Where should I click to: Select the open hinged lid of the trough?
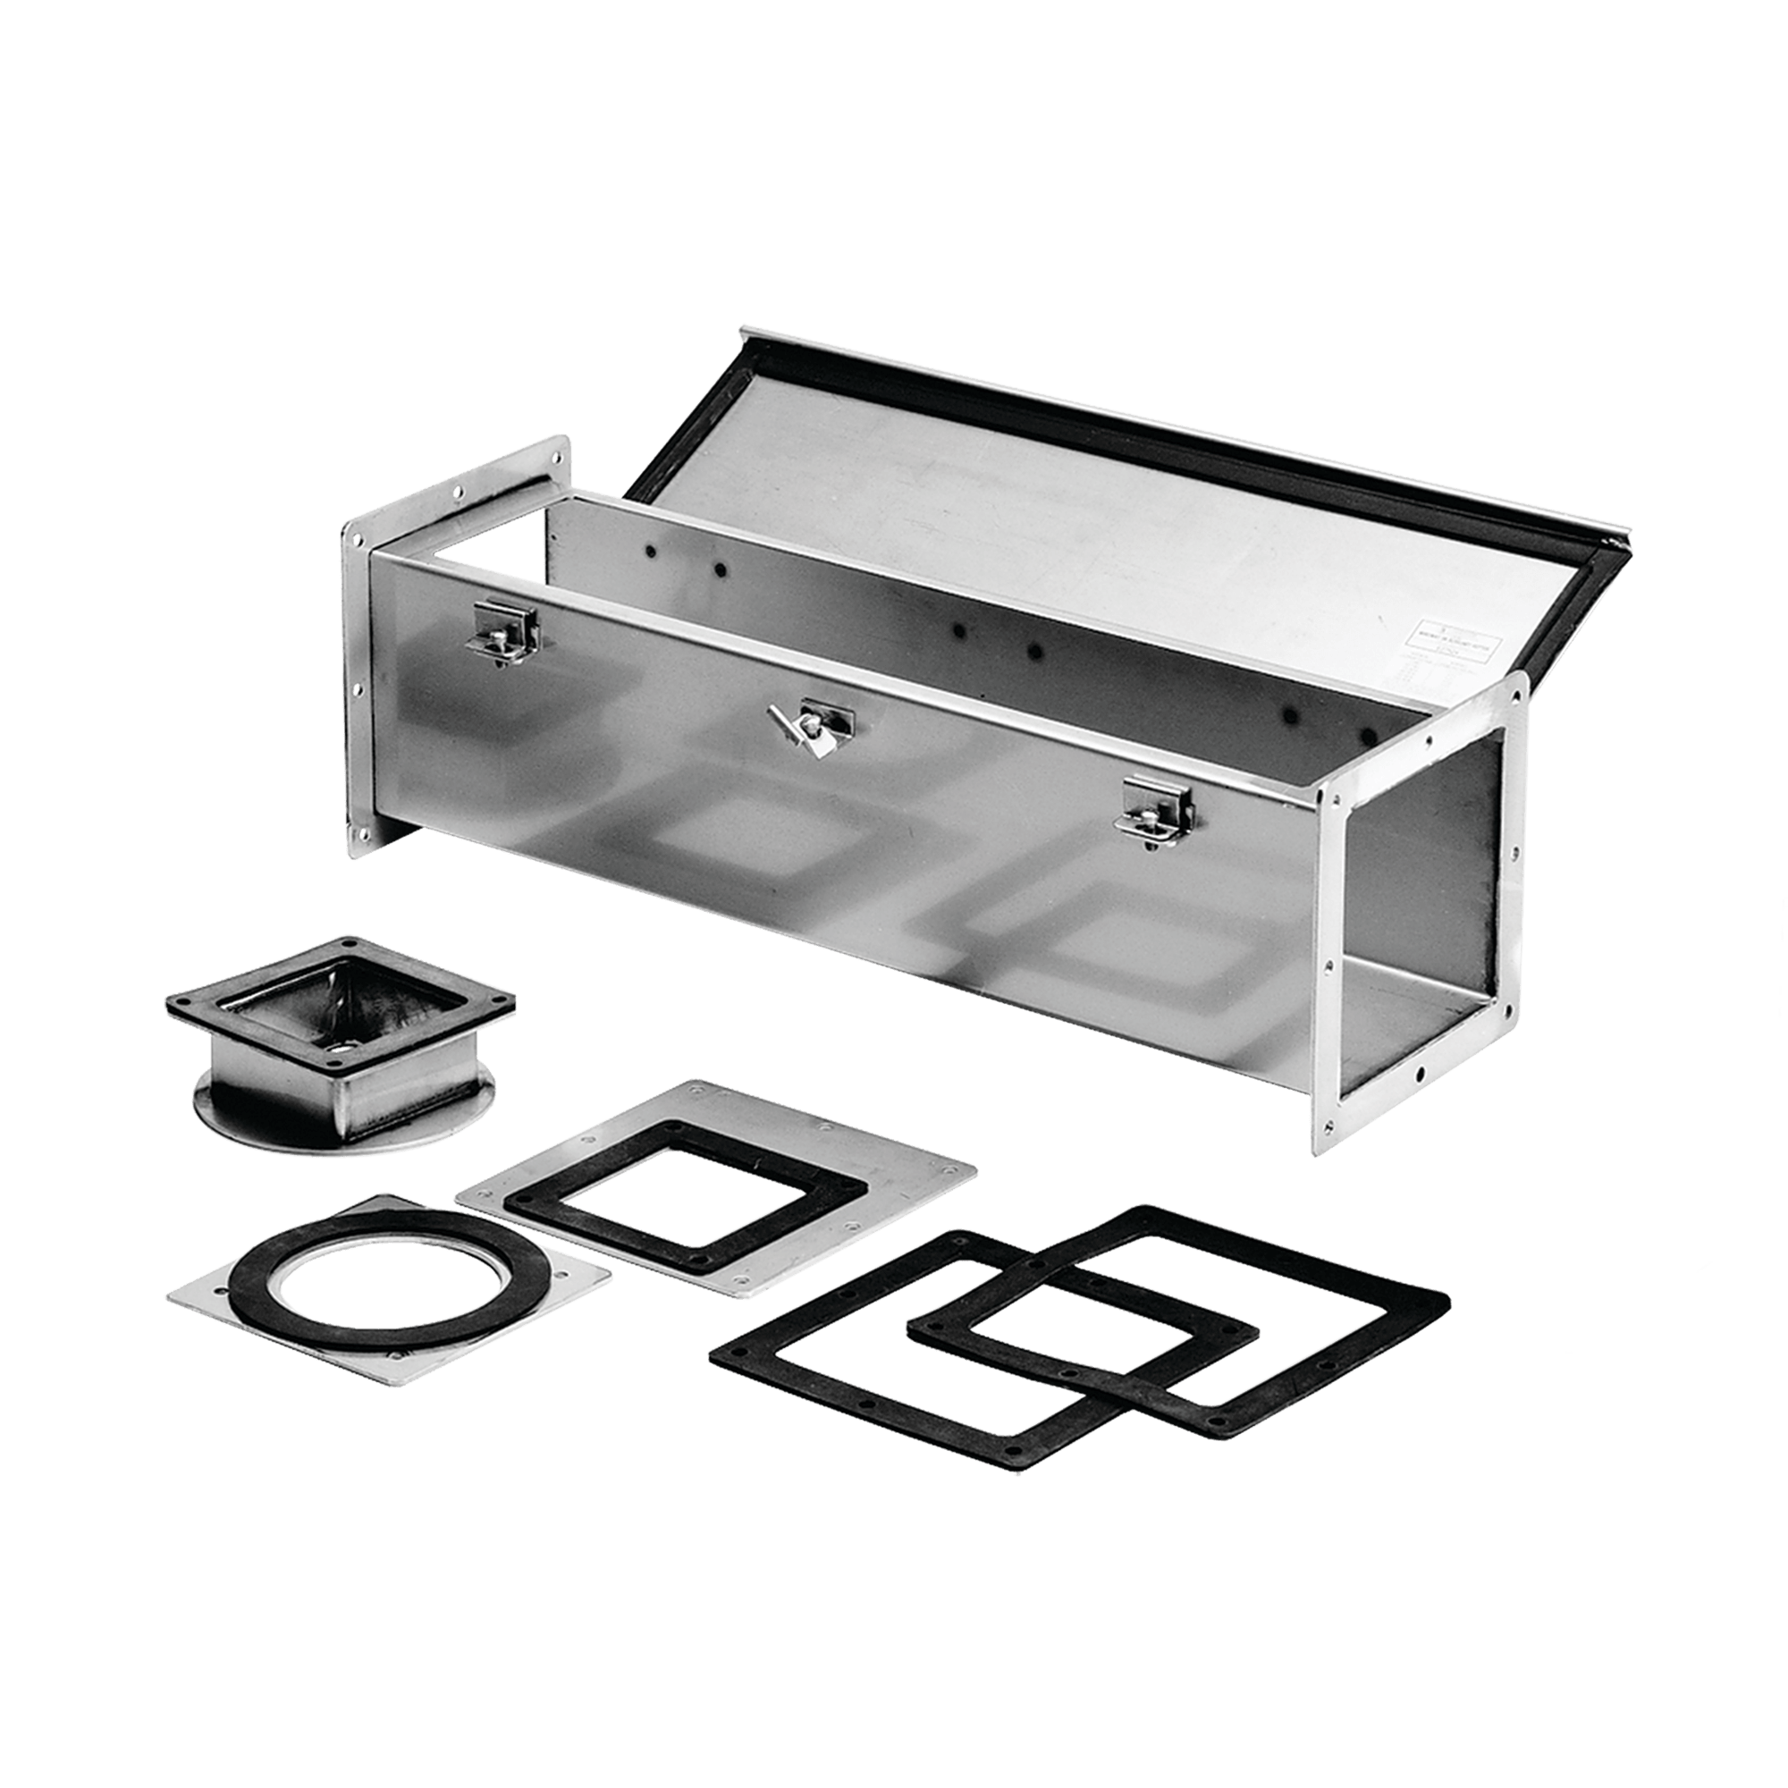(1064, 481)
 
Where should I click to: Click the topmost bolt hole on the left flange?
(558, 455)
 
